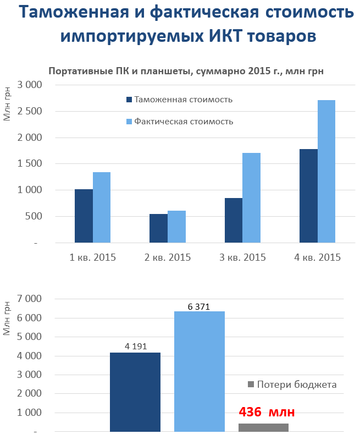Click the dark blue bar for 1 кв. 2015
point(84,216)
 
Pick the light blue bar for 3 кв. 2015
point(252,197)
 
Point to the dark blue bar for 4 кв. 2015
point(308,196)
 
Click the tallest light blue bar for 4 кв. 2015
point(326,171)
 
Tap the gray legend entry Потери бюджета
point(292,384)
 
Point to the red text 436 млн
point(267,412)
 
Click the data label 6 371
point(199,306)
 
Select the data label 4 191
point(135,347)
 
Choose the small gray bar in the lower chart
point(263,427)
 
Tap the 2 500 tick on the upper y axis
point(30,111)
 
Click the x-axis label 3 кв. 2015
point(242,257)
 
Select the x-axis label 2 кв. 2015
point(167,257)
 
